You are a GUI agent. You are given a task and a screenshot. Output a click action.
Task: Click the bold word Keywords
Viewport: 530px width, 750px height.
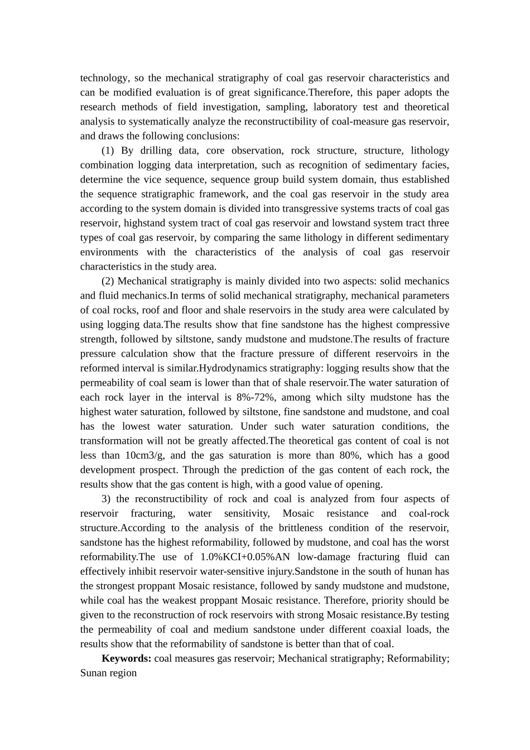[x=126, y=658]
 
